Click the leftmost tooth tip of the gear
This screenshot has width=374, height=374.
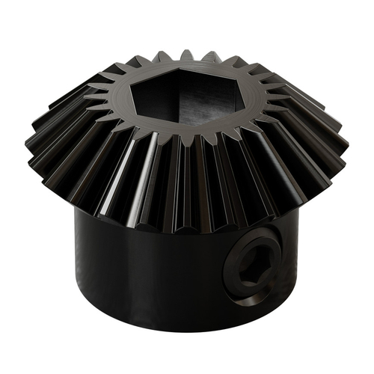coord(30,142)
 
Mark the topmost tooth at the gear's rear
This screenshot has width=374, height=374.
coord(186,55)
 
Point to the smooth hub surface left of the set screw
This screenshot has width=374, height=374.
coord(150,269)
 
